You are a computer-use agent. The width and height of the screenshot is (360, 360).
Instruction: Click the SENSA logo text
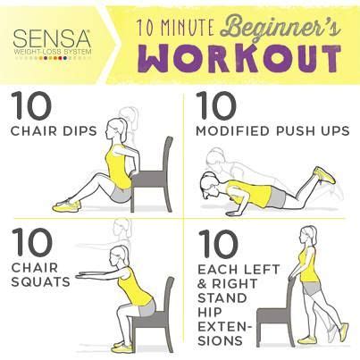[51, 39]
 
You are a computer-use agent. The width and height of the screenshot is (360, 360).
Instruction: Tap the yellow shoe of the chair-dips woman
[64, 205]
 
